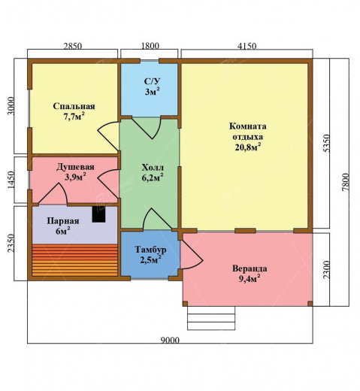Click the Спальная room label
coord(74,106)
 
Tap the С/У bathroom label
coord(152,81)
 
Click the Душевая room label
coord(75,167)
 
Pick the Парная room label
coord(63,221)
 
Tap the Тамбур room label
coord(150,250)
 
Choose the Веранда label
coord(250,268)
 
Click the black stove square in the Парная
coord(98,214)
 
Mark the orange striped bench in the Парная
coord(74,260)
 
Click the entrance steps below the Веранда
coord(211,318)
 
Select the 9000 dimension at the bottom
coord(171,340)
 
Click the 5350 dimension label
coord(327,144)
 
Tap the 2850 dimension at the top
coord(72,46)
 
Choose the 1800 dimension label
coord(150,46)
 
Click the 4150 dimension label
coord(247,46)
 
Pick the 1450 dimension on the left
coord(11,180)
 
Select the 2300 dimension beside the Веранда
coord(327,270)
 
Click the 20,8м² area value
coord(248,147)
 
